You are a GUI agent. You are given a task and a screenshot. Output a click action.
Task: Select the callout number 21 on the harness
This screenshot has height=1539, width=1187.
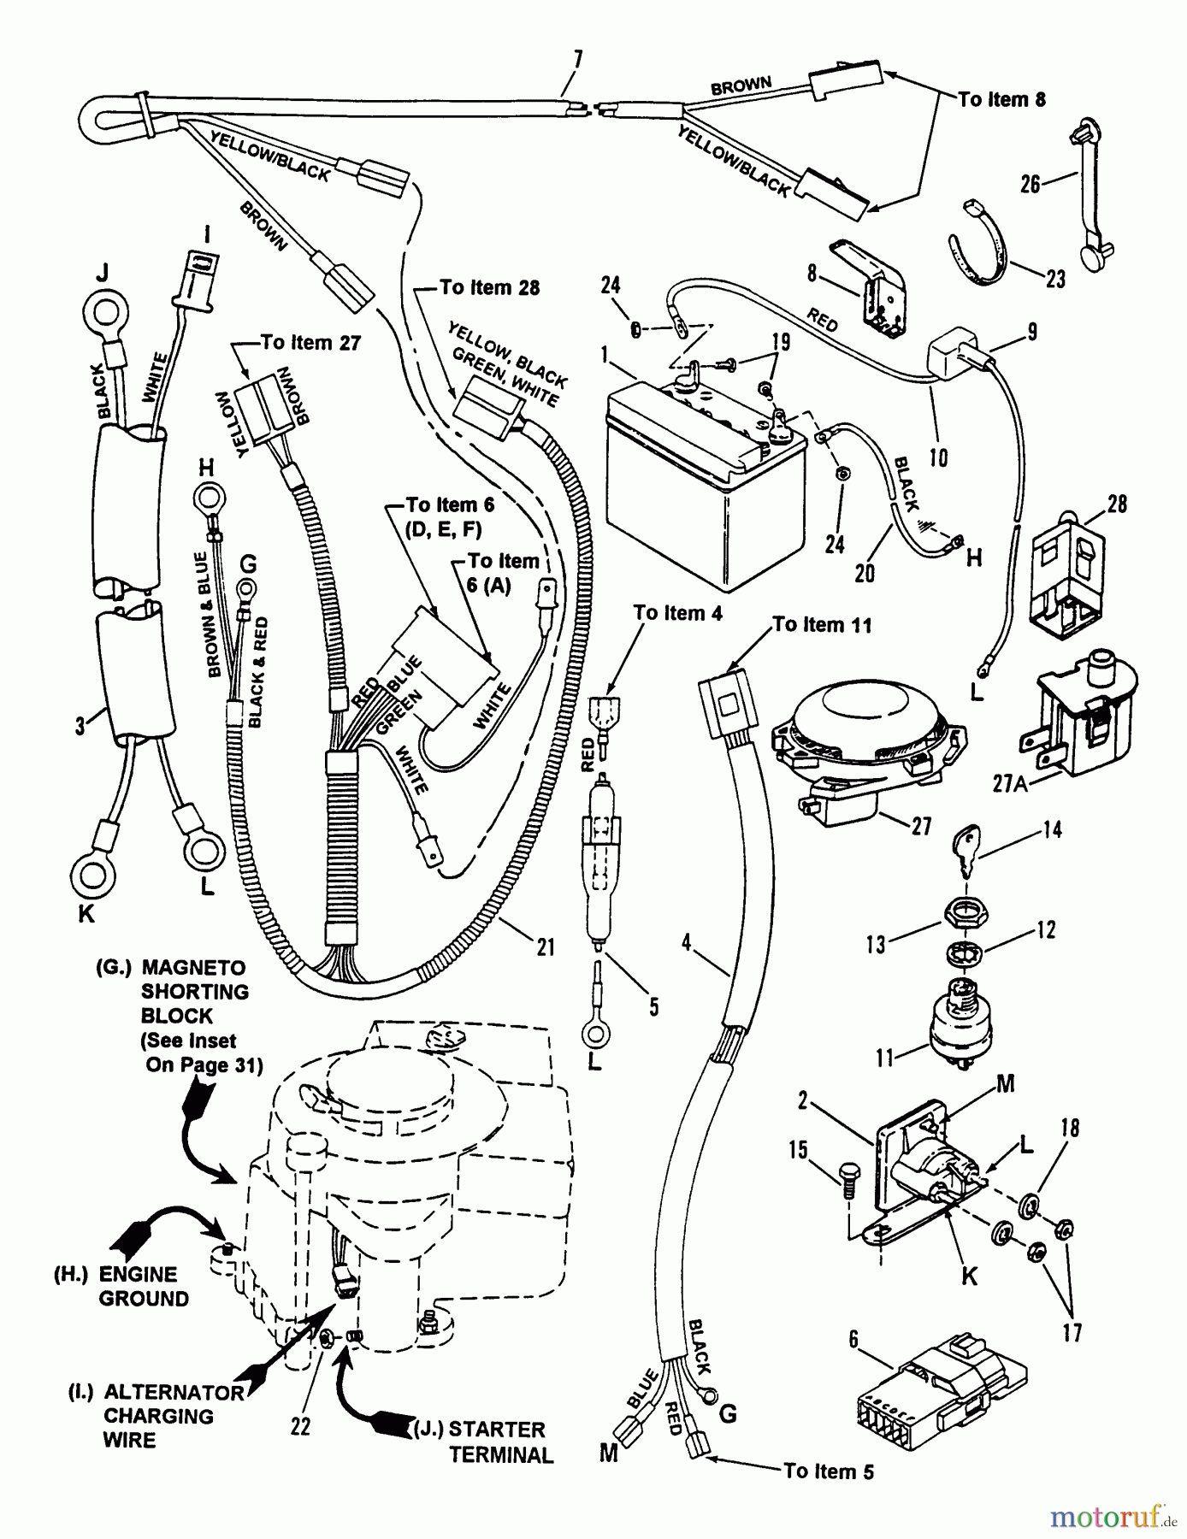pyautogui.click(x=546, y=946)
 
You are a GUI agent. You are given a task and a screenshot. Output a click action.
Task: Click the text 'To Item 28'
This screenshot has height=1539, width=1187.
pyautogui.click(x=489, y=287)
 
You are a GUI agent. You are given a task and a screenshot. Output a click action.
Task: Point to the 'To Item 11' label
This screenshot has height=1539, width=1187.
pyautogui.click(x=822, y=625)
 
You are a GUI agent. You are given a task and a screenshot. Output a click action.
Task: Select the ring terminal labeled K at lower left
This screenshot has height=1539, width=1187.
pyautogui.click(x=92, y=873)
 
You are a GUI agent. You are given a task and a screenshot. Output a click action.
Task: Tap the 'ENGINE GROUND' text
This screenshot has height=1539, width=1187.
pyautogui.click(x=143, y=1286)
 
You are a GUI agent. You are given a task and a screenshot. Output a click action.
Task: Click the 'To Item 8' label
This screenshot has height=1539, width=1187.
pyautogui.click(x=1001, y=100)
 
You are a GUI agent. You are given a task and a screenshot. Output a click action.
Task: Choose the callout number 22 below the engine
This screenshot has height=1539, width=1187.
pyautogui.click(x=300, y=1426)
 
